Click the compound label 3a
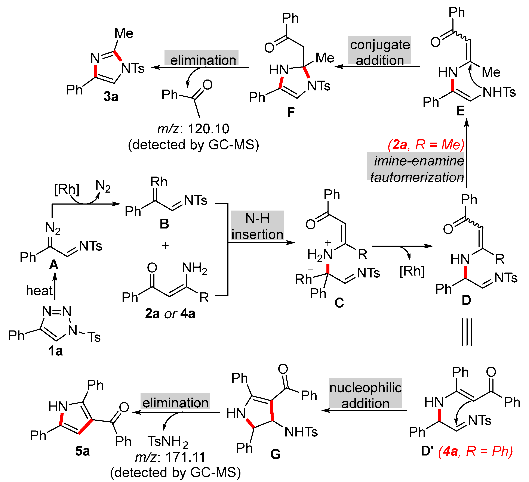coord(111,97)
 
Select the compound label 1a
coord(55,351)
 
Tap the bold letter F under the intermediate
coord(290,112)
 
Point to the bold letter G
coord(275,454)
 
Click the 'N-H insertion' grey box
coord(257,226)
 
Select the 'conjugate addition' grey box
coord(380,52)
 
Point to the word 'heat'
coord(39,290)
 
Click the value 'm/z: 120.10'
coord(193,129)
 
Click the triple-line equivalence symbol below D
coord(467,332)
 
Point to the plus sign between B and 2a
coord(165,246)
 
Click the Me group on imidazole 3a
coord(124,34)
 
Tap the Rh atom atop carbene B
coord(159,182)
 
